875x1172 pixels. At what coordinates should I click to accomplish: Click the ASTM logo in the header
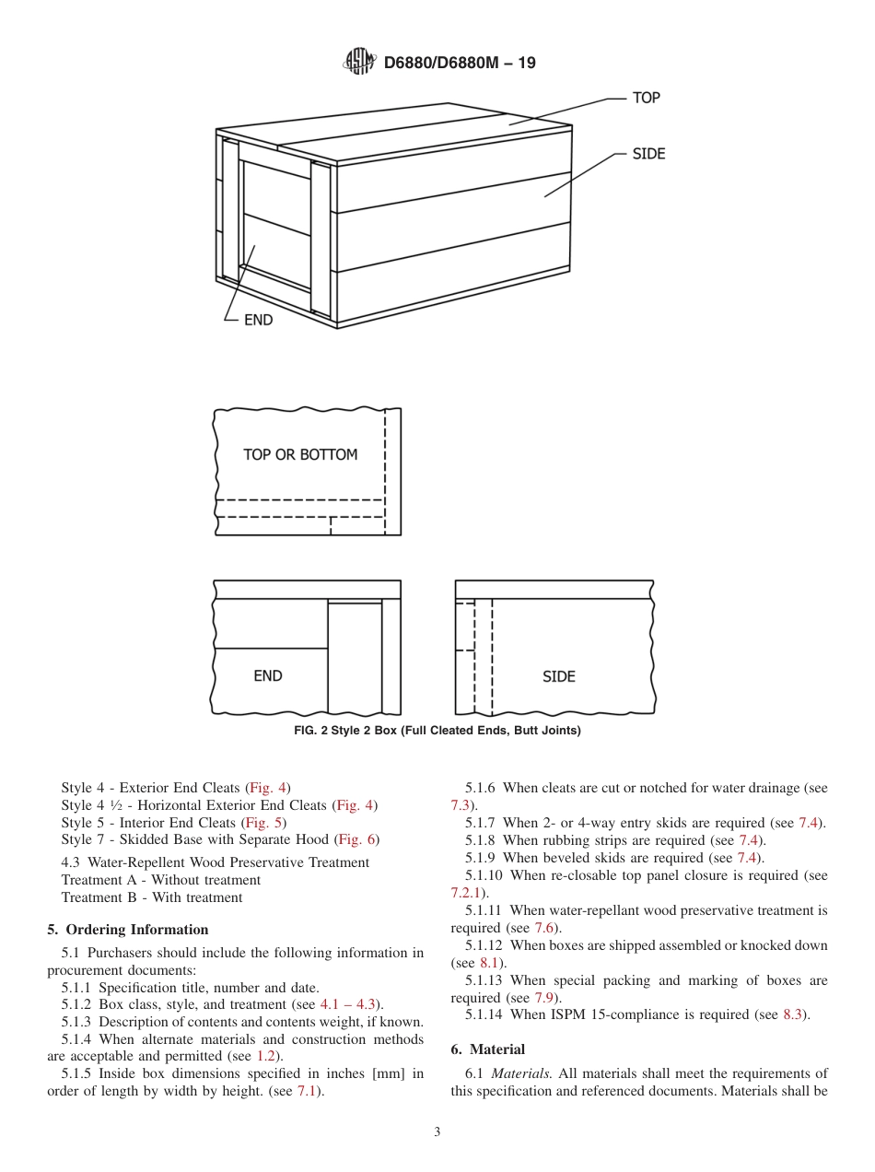tap(359, 63)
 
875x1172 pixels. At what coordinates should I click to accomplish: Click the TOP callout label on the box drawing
tap(646, 98)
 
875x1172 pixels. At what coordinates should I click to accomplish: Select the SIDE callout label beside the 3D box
tap(648, 154)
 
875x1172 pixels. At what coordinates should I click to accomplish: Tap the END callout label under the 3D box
tap(258, 321)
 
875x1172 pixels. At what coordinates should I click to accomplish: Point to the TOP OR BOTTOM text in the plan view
tap(300, 454)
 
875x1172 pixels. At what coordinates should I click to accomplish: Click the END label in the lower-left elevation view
tap(267, 676)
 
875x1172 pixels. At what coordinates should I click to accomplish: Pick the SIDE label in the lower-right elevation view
tap(558, 676)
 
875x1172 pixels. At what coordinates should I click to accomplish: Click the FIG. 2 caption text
tap(437, 731)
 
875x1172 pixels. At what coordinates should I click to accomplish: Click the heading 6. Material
tap(488, 1049)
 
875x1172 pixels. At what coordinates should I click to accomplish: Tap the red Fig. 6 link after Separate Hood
tap(357, 839)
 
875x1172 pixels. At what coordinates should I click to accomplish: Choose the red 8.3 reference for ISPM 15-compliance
tap(793, 1014)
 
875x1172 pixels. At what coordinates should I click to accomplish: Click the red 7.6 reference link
tap(544, 928)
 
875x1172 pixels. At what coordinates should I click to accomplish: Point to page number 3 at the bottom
tap(437, 1132)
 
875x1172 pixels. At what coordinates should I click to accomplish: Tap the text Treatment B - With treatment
tap(152, 897)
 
